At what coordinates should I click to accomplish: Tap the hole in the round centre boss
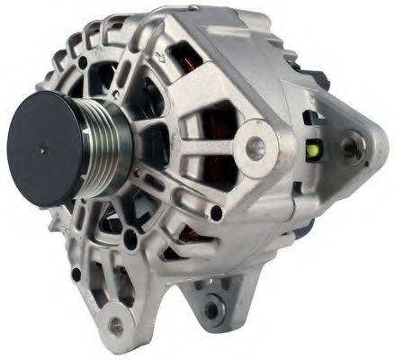(257, 142)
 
